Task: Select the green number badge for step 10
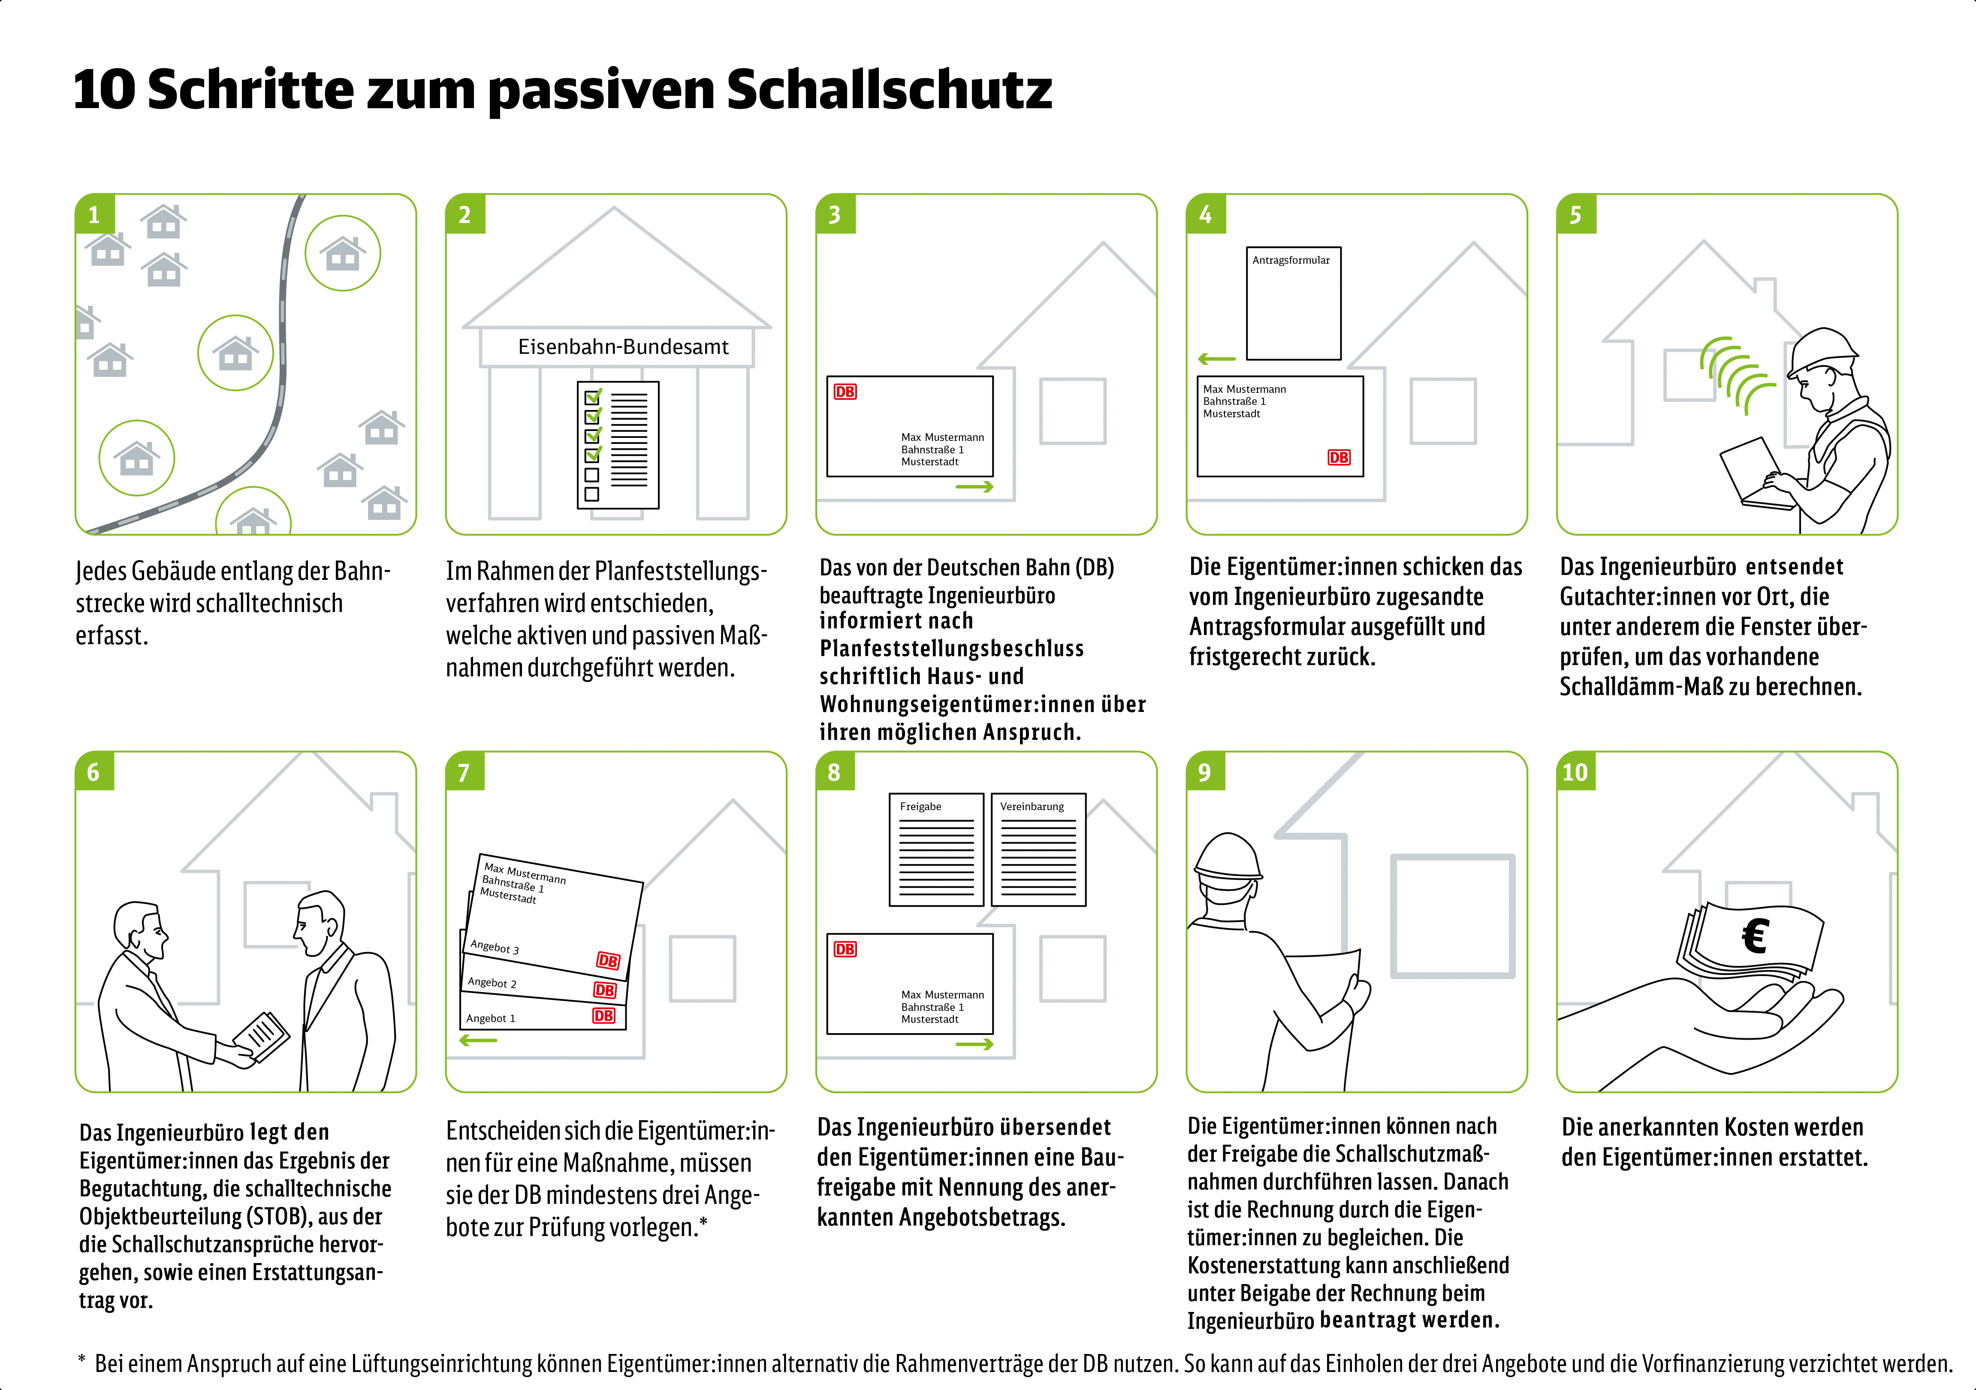tap(1575, 772)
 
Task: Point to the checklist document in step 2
tap(617, 445)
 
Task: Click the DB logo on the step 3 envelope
tap(845, 392)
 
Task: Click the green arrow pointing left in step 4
tap(1216, 359)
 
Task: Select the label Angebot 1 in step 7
tap(491, 1018)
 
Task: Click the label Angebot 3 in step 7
tap(495, 947)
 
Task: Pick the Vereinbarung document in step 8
tap(1038, 850)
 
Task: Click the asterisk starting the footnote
tap(82, 1360)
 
